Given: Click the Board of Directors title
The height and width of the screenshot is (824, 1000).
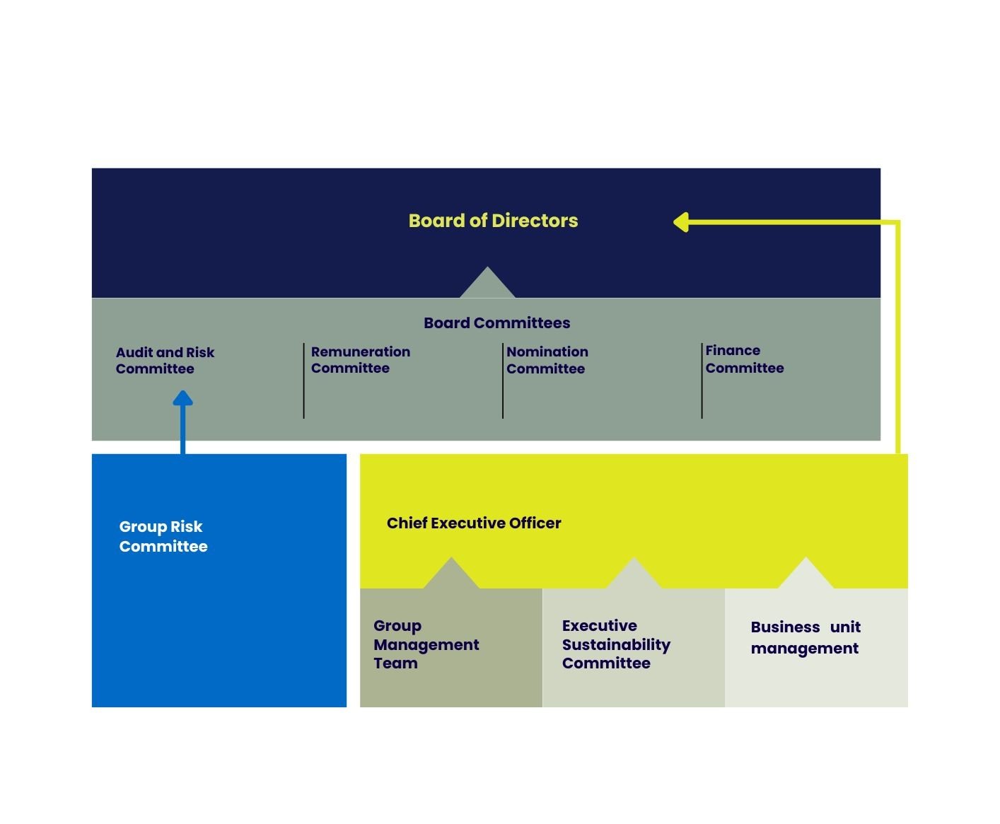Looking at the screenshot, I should tap(493, 221).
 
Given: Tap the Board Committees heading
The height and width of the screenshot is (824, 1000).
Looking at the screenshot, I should tap(496, 323).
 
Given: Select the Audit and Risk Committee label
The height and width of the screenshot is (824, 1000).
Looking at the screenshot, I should tap(165, 361).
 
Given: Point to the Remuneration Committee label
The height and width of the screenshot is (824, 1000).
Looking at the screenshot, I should tap(360, 360).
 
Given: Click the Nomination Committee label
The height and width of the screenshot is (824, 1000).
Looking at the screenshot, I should tap(547, 360).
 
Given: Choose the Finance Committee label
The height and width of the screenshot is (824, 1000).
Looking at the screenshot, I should tap(744, 359).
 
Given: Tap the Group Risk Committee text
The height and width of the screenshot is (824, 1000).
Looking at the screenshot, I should tap(163, 536).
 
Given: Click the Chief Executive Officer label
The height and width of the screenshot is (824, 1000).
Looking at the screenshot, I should tap(473, 523).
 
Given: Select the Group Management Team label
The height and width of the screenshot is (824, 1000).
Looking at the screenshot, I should tap(426, 644).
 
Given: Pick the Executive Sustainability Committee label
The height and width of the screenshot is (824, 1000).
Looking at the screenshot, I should tap(615, 644).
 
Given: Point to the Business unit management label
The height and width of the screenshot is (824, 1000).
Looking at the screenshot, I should tap(805, 637).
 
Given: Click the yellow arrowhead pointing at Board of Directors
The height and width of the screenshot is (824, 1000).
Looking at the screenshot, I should tap(681, 222).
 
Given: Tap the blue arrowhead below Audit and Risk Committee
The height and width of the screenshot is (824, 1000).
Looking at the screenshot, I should tap(182, 399).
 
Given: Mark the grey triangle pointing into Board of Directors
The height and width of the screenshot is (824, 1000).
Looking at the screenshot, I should tap(487, 284).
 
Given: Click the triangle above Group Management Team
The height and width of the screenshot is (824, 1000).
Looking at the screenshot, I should tap(451, 575).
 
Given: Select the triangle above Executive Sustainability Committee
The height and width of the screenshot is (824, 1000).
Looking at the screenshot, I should tap(634, 575).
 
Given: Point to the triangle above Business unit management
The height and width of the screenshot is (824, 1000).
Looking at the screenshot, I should tap(806, 575).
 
